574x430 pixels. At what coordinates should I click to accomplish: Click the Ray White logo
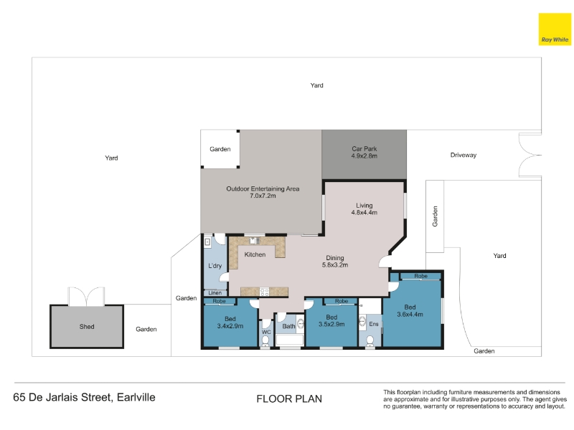[x=555, y=29]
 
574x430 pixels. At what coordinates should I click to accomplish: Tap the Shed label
[x=87, y=327]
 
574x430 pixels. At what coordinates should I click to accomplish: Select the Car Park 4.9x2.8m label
[x=364, y=152]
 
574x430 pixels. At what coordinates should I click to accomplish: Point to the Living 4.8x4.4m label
[x=364, y=209]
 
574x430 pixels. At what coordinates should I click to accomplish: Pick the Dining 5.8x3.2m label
[x=335, y=261]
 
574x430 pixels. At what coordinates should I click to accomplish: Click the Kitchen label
[x=255, y=254]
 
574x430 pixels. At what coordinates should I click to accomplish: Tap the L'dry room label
[x=215, y=266]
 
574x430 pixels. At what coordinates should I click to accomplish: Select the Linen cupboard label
[x=215, y=293]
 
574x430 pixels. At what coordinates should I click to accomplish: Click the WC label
[x=266, y=332]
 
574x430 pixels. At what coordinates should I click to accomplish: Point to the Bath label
[x=288, y=326]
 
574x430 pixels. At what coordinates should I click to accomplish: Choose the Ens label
[x=374, y=324]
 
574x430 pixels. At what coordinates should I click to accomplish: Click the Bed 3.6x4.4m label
[x=410, y=311]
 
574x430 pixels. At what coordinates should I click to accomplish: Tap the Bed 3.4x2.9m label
[x=230, y=322]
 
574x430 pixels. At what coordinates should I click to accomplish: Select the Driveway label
[x=464, y=155]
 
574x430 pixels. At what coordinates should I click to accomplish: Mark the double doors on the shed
[x=86, y=297]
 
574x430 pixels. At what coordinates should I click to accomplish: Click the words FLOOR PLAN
[x=289, y=399]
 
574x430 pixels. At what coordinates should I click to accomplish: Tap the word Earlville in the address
[x=136, y=398]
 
